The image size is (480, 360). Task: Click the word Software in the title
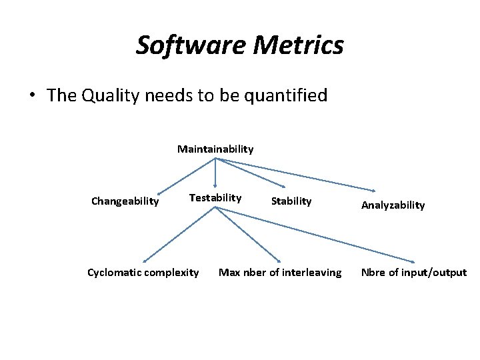coord(176,45)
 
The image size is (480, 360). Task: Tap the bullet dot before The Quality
coord(32,95)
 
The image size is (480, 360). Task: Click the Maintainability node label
coord(215,149)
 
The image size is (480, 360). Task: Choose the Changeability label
coord(125,201)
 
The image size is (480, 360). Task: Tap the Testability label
coord(215,197)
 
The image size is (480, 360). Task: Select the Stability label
coord(291,201)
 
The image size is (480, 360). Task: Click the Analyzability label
coord(393,205)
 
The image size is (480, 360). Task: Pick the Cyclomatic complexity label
coord(143,272)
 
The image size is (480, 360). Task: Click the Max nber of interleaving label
coord(280,272)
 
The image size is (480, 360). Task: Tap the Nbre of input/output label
coord(414,272)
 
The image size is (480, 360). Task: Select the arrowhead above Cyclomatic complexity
coord(145,260)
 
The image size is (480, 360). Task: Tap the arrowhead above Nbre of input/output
coord(412,261)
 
